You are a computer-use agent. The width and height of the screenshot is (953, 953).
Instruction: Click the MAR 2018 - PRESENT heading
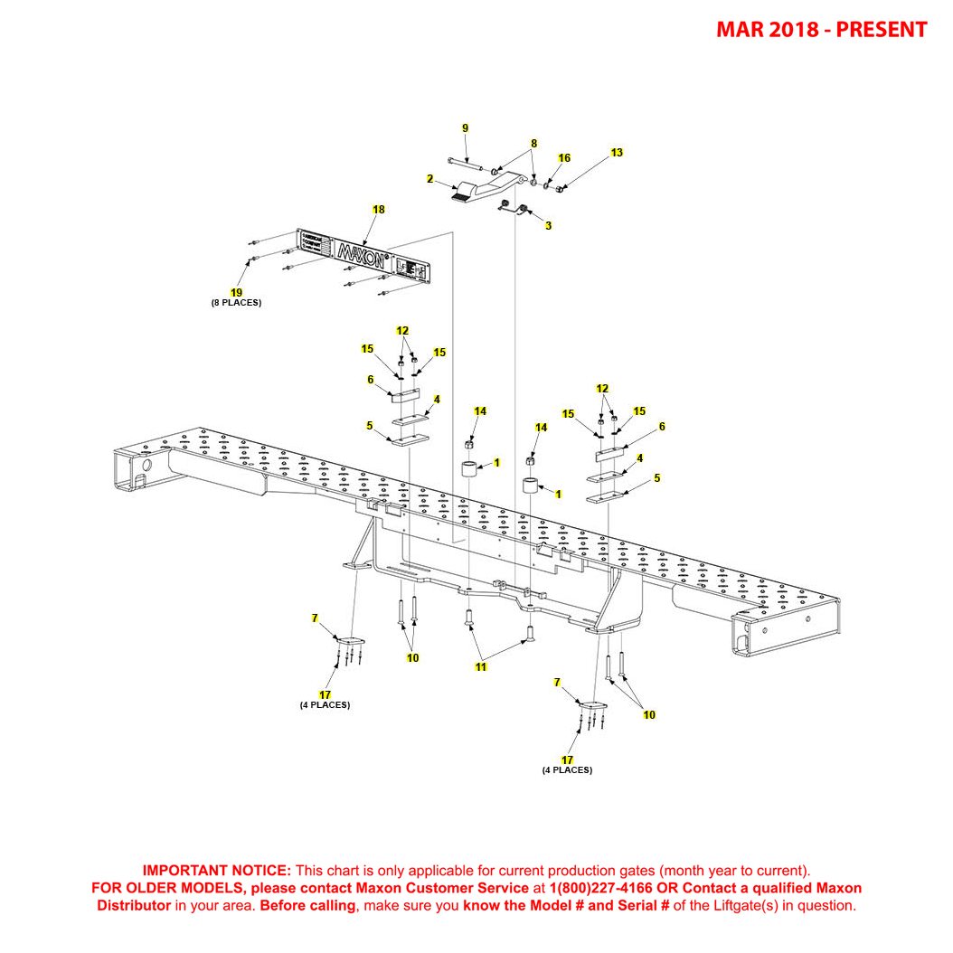tap(821, 29)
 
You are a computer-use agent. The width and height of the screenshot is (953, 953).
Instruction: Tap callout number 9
tap(466, 128)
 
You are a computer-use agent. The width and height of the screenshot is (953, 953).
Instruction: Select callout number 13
tap(617, 153)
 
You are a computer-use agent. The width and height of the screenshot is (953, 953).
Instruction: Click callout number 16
tap(564, 158)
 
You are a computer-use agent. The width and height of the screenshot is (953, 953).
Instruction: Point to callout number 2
tap(430, 179)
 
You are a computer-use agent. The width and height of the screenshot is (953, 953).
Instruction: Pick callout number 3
tap(548, 225)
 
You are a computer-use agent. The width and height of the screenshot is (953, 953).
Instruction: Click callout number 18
tap(378, 210)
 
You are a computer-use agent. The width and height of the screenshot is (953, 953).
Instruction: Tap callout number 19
tap(236, 292)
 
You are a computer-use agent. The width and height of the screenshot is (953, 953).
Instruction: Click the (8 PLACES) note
tap(236, 303)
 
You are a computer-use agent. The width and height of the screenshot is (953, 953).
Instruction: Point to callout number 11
tap(481, 667)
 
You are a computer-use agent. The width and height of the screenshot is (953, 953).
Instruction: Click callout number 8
tap(533, 144)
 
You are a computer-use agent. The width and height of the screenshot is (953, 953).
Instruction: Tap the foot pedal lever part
tap(479, 191)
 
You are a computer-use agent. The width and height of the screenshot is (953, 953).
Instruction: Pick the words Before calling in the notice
tap(307, 905)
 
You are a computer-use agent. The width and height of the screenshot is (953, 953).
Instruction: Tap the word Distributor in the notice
tap(134, 905)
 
